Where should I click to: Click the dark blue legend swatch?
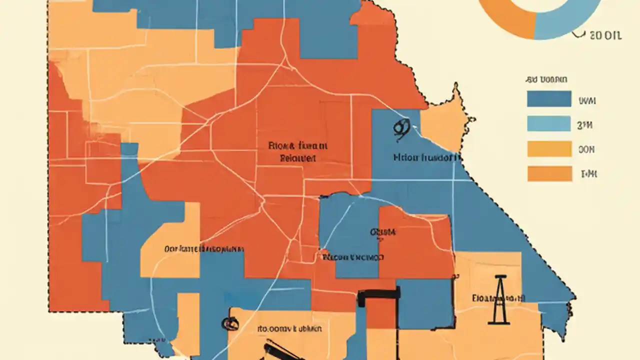pyautogui.click(x=549, y=99)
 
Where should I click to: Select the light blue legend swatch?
pyautogui.click(x=549, y=123)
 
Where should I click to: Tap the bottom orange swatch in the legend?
pyautogui.click(x=549, y=173)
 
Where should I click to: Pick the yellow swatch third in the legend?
pyautogui.click(x=549, y=148)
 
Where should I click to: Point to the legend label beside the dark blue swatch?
pyautogui.click(x=587, y=100)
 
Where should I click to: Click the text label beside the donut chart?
pyautogui.click(x=605, y=36)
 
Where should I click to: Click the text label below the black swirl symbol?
pyautogui.click(x=426, y=157)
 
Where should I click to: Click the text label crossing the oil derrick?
pyautogui.click(x=498, y=298)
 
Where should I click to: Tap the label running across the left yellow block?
pyautogui.click(x=203, y=248)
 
